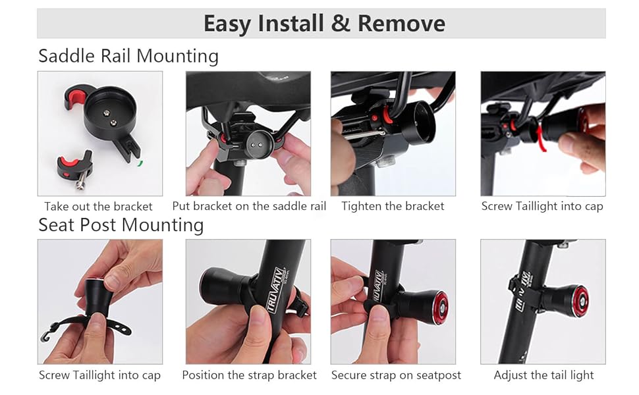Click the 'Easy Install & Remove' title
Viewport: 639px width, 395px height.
[x=324, y=24]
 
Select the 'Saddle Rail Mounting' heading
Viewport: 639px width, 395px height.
[x=128, y=56]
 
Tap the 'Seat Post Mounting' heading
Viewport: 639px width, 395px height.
[x=121, y=225]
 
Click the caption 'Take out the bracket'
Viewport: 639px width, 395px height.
[x=99, y=206]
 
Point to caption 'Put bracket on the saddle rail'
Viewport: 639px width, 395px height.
[x=249, y=206]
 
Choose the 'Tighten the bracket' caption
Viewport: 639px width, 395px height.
[x=393, y=206]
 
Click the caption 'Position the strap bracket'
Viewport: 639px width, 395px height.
[x=249, y=375]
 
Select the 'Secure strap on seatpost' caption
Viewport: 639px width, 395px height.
[x=396, y=375]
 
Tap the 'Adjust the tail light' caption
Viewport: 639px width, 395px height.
[x=543, y=375]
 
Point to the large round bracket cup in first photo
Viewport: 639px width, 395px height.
[x=109, y=109]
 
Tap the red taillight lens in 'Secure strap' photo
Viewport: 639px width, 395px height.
[x=439, y=308]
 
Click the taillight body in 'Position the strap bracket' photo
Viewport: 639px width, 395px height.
[x=224, y=286]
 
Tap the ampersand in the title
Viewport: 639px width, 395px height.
[x=341, y=24]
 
